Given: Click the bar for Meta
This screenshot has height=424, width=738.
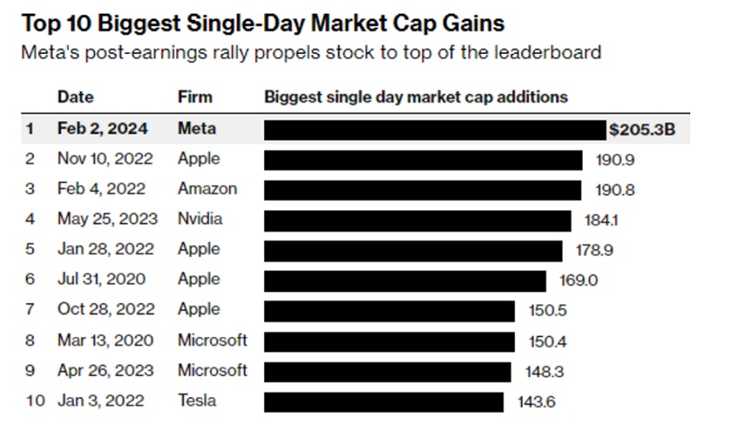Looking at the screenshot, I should pos(434,129).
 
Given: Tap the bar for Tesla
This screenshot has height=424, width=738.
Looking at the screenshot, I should pos(383,401).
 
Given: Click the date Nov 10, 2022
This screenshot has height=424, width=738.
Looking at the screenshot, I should pos(105,159).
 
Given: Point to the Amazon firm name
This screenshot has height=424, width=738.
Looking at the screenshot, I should pos(208,189).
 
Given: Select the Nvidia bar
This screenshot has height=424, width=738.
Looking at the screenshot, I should pos(418,220).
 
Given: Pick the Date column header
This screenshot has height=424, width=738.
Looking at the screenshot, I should pos(76,96).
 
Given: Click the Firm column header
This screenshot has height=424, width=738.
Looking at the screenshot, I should pos(195,96).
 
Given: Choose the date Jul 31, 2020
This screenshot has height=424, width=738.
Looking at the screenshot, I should pos(102,280).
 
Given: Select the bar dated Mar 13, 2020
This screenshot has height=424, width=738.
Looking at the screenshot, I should pos(389,341).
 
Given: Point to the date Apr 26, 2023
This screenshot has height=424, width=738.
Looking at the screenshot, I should pos(105,371).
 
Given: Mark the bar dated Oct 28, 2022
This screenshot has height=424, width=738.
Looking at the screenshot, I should pos(389,310).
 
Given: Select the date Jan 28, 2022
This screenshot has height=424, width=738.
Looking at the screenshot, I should pos(105,249).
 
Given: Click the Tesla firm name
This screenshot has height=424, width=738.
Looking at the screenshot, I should pos(197,401).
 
